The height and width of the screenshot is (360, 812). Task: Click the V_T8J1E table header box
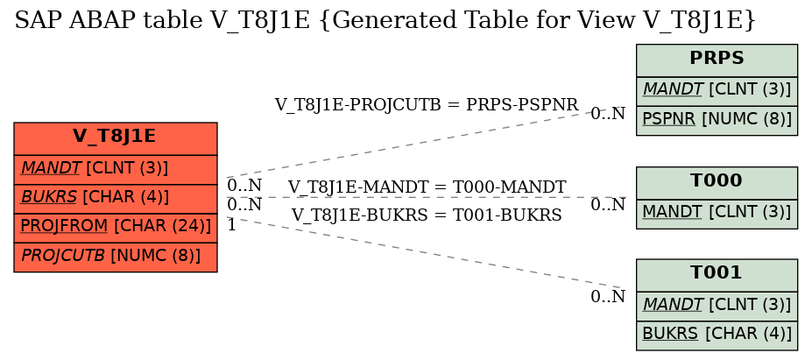(x=115, y=138)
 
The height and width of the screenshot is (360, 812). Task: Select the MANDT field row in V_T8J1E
(x=115, y=169)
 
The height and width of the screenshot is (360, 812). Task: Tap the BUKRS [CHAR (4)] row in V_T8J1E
(x=115, y=198)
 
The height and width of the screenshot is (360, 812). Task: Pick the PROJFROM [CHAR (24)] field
(x=115, y=228)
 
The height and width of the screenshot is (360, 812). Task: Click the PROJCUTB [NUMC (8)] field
(x=115, y=257)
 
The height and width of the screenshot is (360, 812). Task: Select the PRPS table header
(x=717, y=60)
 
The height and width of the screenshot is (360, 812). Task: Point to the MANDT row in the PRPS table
(x=717, y=91)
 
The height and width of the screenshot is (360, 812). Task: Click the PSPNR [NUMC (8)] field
(x=717, y=121)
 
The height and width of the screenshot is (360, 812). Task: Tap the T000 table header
(x=717, y=182)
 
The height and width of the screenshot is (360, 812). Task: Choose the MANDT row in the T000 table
(x=717, y=214)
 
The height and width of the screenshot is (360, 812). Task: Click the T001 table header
(x=717, y=274)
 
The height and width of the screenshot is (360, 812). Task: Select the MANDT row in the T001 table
(x=717, y=306)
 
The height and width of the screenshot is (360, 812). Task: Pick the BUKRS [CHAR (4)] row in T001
(x=717, y=335)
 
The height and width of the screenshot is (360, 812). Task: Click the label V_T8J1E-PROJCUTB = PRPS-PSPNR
(x=427, y=104)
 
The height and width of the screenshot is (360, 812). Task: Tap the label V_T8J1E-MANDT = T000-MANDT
(x=427, y=187)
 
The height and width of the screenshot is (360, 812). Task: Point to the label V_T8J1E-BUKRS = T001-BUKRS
(x=427, y=215)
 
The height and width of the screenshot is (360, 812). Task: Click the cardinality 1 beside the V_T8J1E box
(x=231, y=225)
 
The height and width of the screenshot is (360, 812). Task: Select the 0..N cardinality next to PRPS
(x=608, y=114)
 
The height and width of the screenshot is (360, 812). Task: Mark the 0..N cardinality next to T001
(x=608, y=297)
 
